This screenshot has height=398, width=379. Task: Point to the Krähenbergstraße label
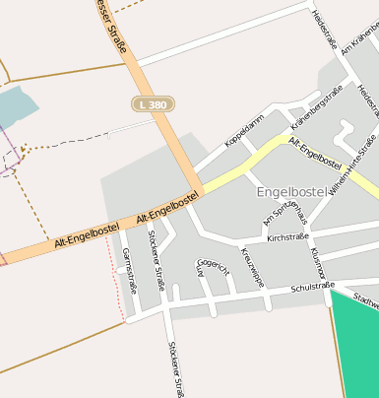pos(317,107)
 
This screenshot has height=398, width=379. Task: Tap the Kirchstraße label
pos(287,237)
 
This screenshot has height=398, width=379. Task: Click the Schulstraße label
pos(313,288)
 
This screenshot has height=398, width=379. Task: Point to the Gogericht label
pos(214,266)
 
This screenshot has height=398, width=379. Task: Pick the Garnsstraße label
pos(129,271)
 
